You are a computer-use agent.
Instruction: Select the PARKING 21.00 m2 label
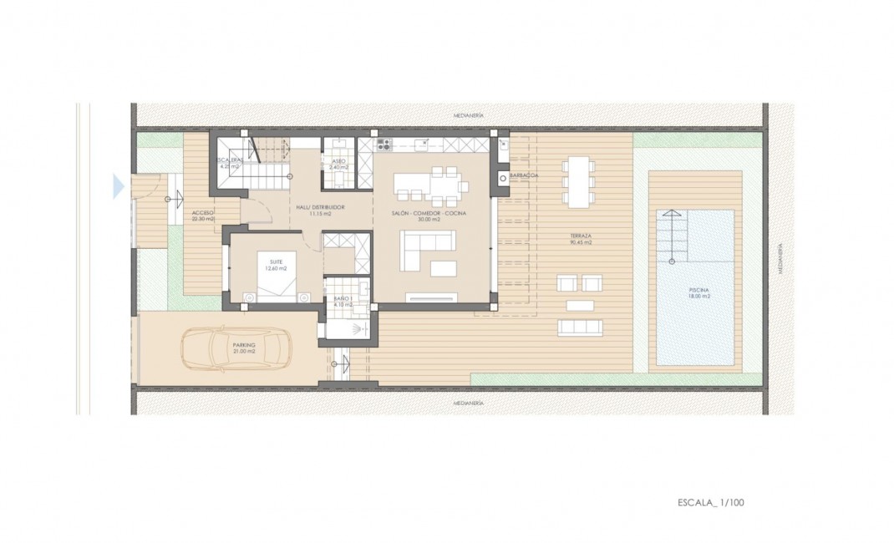244,348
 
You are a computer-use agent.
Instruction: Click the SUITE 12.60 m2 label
276,265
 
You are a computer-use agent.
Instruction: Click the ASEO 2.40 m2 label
338,164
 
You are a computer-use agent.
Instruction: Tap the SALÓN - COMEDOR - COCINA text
428,214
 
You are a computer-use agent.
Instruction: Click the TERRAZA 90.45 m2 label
581,240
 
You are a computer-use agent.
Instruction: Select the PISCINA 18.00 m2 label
699,293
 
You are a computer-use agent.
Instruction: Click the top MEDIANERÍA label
468,114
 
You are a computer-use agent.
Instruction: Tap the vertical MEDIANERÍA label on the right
780,259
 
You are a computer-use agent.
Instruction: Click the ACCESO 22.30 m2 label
203,216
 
